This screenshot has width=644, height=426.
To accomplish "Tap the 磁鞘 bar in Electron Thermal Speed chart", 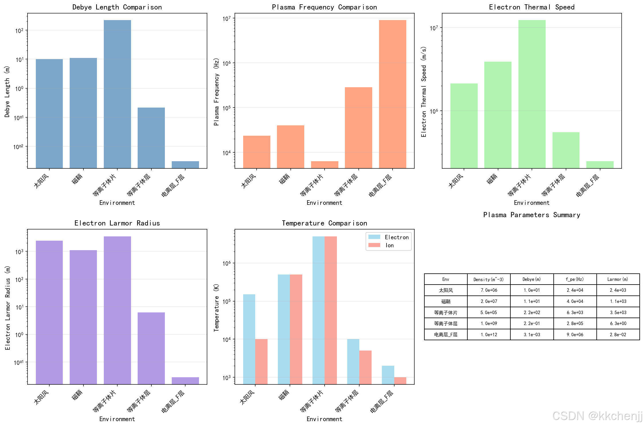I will pyautogui.click(x=498, y=115).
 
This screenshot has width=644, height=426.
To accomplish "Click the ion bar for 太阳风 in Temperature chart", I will pyautogui.click(x=261, y=361).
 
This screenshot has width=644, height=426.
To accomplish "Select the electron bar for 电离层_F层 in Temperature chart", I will pyautogui.click(x=388, y=375).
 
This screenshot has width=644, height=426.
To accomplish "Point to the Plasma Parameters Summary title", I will pyautogui.click(x=532, y=215).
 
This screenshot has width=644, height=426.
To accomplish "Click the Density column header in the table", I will pyautogui.click(x=489, y=279).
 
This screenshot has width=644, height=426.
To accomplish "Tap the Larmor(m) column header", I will pyautogui.click(x=618, y=279).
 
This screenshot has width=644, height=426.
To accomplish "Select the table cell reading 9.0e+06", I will pyautogui.click(x=575, y=334).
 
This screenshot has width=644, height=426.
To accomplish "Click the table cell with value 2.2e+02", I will pyautogui.click(x=532, y=312).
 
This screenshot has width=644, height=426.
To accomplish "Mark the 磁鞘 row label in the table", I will pyautogui.click(x=446, y=301).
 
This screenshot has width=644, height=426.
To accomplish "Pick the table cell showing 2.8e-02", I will pyautogui.click(x=618, y=334).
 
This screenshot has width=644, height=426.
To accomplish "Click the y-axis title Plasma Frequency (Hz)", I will pyautogui.click(x=216, y=92).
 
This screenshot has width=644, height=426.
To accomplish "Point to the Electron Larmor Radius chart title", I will pyautogui.click(x=117, y=223).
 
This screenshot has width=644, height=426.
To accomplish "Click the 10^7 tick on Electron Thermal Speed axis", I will pyautogui.click(x=434, y=28).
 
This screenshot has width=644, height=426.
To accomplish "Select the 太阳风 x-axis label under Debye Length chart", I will pyautogui.click(x=42, y=181).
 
